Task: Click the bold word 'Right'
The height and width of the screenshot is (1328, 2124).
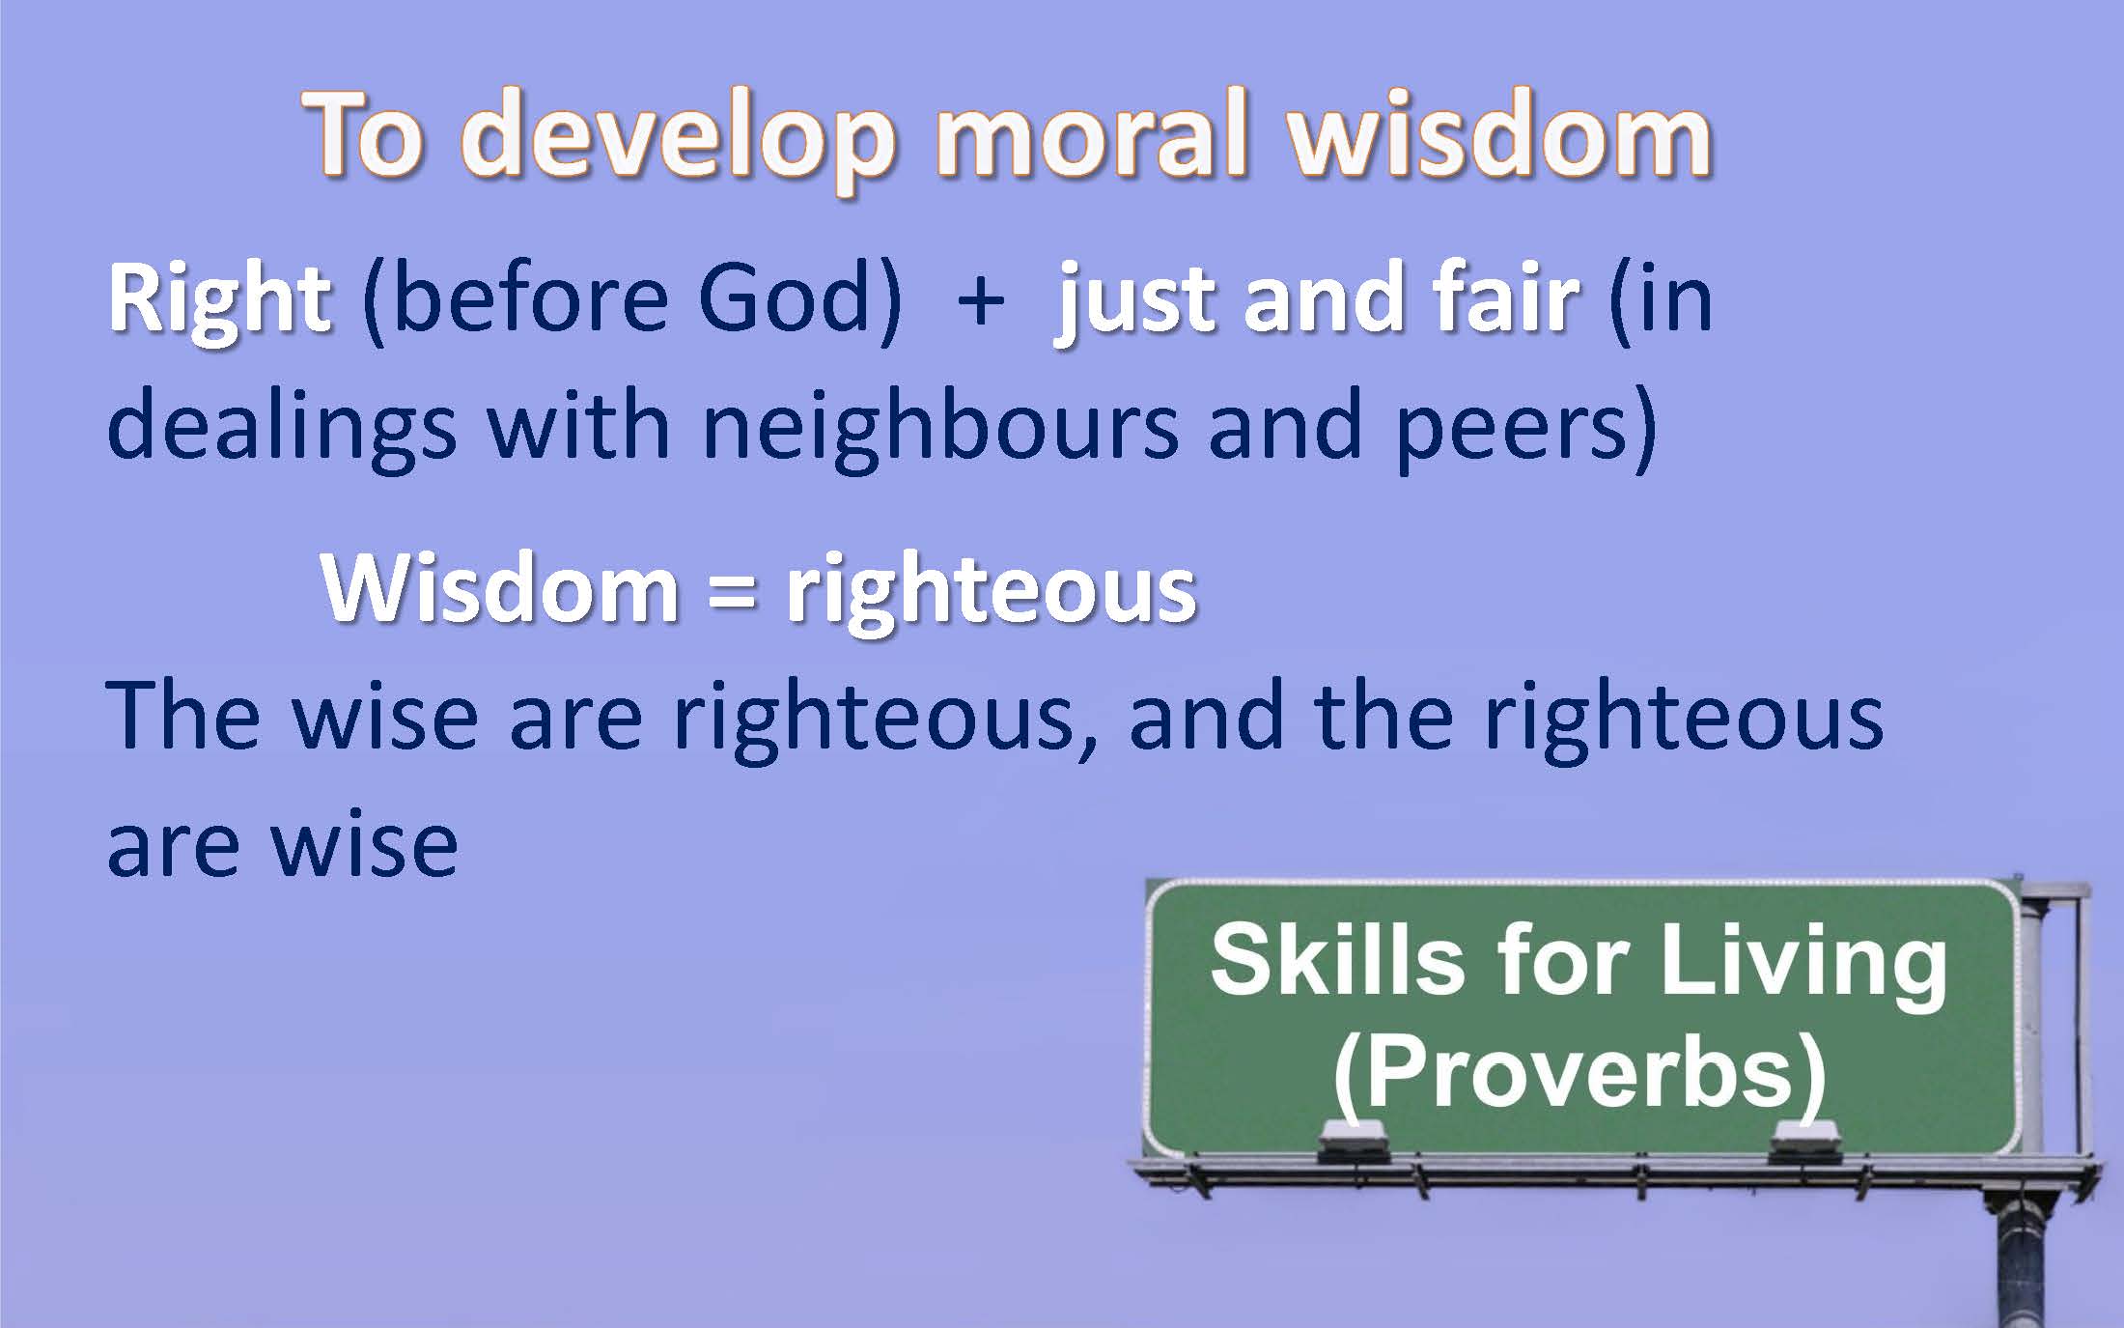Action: click(x=220, y=300)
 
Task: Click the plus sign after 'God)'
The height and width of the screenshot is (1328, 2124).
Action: click(x=982, y=299)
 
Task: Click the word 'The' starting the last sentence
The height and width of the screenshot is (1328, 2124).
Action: click(x=183, y=715)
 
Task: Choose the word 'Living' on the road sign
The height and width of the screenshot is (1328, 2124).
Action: click(x=1803, y=966)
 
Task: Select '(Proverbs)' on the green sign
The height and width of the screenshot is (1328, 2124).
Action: click(x=1579, y=1076)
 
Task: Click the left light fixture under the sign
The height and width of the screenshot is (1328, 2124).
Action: click(x=1354, y=1142)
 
